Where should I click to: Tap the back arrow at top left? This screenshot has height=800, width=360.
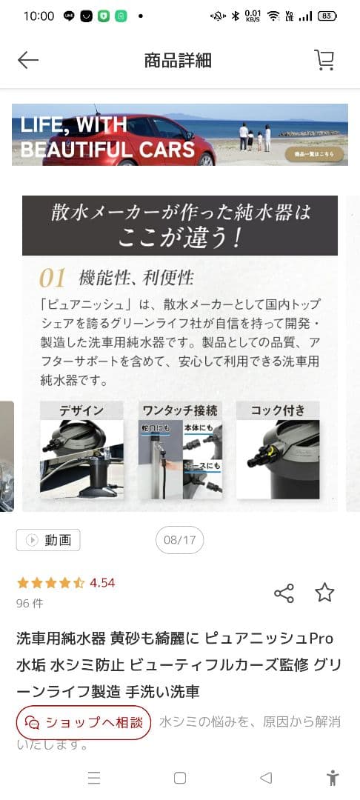(28, 61)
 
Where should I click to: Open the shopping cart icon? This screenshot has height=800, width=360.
(324, 60)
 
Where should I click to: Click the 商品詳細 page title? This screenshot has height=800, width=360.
(178, 61)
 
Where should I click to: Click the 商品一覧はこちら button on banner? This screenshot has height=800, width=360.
(314, 154)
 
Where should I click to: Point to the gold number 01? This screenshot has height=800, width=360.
(53, 279)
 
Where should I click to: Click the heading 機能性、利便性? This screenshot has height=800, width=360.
(136, 279)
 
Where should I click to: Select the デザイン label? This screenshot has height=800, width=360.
(81, 410)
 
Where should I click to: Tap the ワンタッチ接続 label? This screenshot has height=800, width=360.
(180, 410)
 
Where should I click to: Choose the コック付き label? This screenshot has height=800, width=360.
(277, 410)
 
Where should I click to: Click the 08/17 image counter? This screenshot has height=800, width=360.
(180, 540)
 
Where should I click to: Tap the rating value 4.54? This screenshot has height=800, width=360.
(102, 583)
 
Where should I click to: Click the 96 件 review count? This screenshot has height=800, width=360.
(30, 603)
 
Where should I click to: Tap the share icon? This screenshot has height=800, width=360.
(284, 593)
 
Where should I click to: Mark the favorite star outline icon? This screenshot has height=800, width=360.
(324, 593)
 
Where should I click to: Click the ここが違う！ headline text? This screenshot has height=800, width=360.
(180, 237)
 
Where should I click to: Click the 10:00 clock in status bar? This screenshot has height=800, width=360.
(39, 16)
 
